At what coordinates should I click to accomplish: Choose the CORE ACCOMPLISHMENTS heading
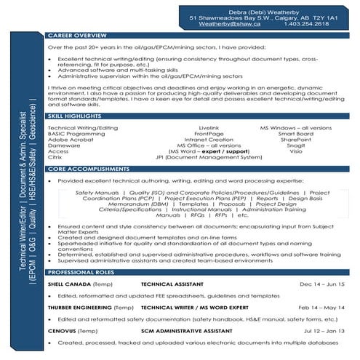click(84, 169)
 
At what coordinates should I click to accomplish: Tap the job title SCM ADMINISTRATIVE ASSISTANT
click(183, 331)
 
